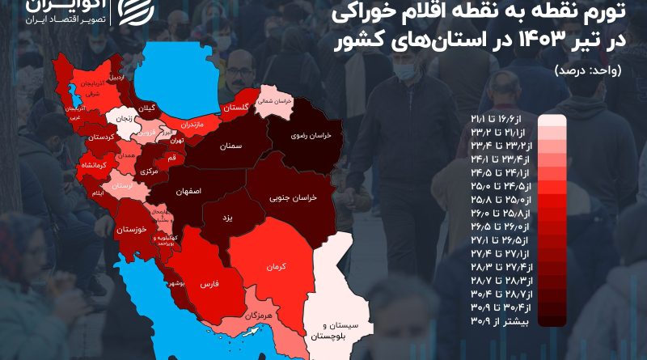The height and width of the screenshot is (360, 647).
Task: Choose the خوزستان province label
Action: coord(130,231)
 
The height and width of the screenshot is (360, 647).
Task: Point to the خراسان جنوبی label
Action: coord(298,197)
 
